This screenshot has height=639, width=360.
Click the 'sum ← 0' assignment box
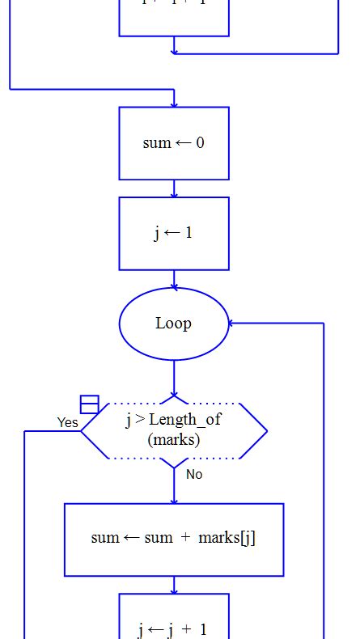(174, 143)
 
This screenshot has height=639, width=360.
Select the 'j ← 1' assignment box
(174, 233)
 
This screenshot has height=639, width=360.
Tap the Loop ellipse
(174, 324)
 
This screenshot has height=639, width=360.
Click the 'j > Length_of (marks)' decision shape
(174, 430)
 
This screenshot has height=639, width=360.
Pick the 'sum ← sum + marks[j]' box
(174, 540)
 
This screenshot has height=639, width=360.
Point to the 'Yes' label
(68, 422)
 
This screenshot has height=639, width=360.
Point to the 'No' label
(194, 474)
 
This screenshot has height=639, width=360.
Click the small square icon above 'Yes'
(89, 404)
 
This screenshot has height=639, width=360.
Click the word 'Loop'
(174, 324)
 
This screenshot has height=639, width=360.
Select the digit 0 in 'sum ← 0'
(200, 143)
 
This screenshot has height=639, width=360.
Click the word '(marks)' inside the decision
(174, 440)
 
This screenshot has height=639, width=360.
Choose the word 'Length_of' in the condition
(184, 420)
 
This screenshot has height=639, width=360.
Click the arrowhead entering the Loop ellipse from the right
(233, 324)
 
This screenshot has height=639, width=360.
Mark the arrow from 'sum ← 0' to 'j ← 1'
(174, 188)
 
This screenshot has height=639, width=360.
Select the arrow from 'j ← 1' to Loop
(174, 279)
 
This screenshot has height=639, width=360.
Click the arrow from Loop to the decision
(174, 379)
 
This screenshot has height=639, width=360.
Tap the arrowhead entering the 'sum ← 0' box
(174, 103)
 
